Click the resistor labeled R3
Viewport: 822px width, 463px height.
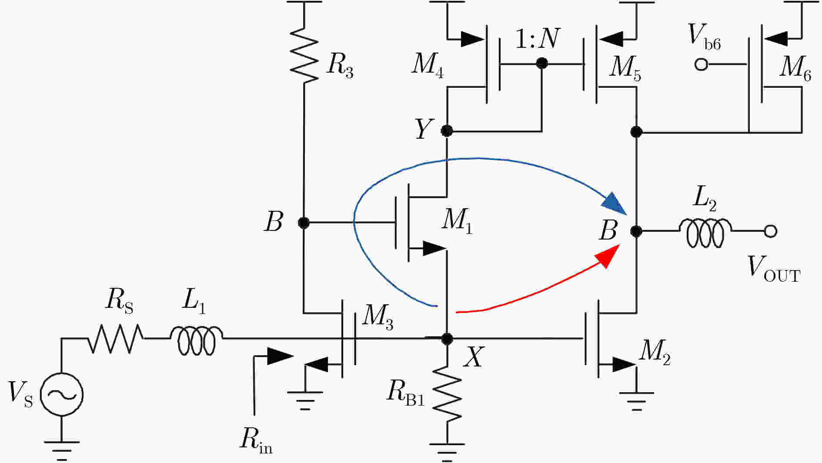[x=304, y=55]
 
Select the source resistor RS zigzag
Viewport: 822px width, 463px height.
[x=116, y=338]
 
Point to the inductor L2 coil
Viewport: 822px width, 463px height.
[x=705, y=233]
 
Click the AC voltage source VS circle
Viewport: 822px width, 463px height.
[x=61, y=395]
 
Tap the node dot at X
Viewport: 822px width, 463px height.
[x=447, y=339]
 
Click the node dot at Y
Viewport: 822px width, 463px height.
[x=447, y=130]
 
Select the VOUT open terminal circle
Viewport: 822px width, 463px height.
[x=770, y=231]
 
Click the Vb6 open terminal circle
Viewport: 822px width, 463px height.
[x=701, y=65]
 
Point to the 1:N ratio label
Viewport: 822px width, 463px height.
[x=538, y=39]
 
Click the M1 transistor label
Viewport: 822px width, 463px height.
[x=457, y=221]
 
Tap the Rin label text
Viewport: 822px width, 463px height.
[x=256, y=440]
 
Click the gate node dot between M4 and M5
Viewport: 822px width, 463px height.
[x=541, y=64]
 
